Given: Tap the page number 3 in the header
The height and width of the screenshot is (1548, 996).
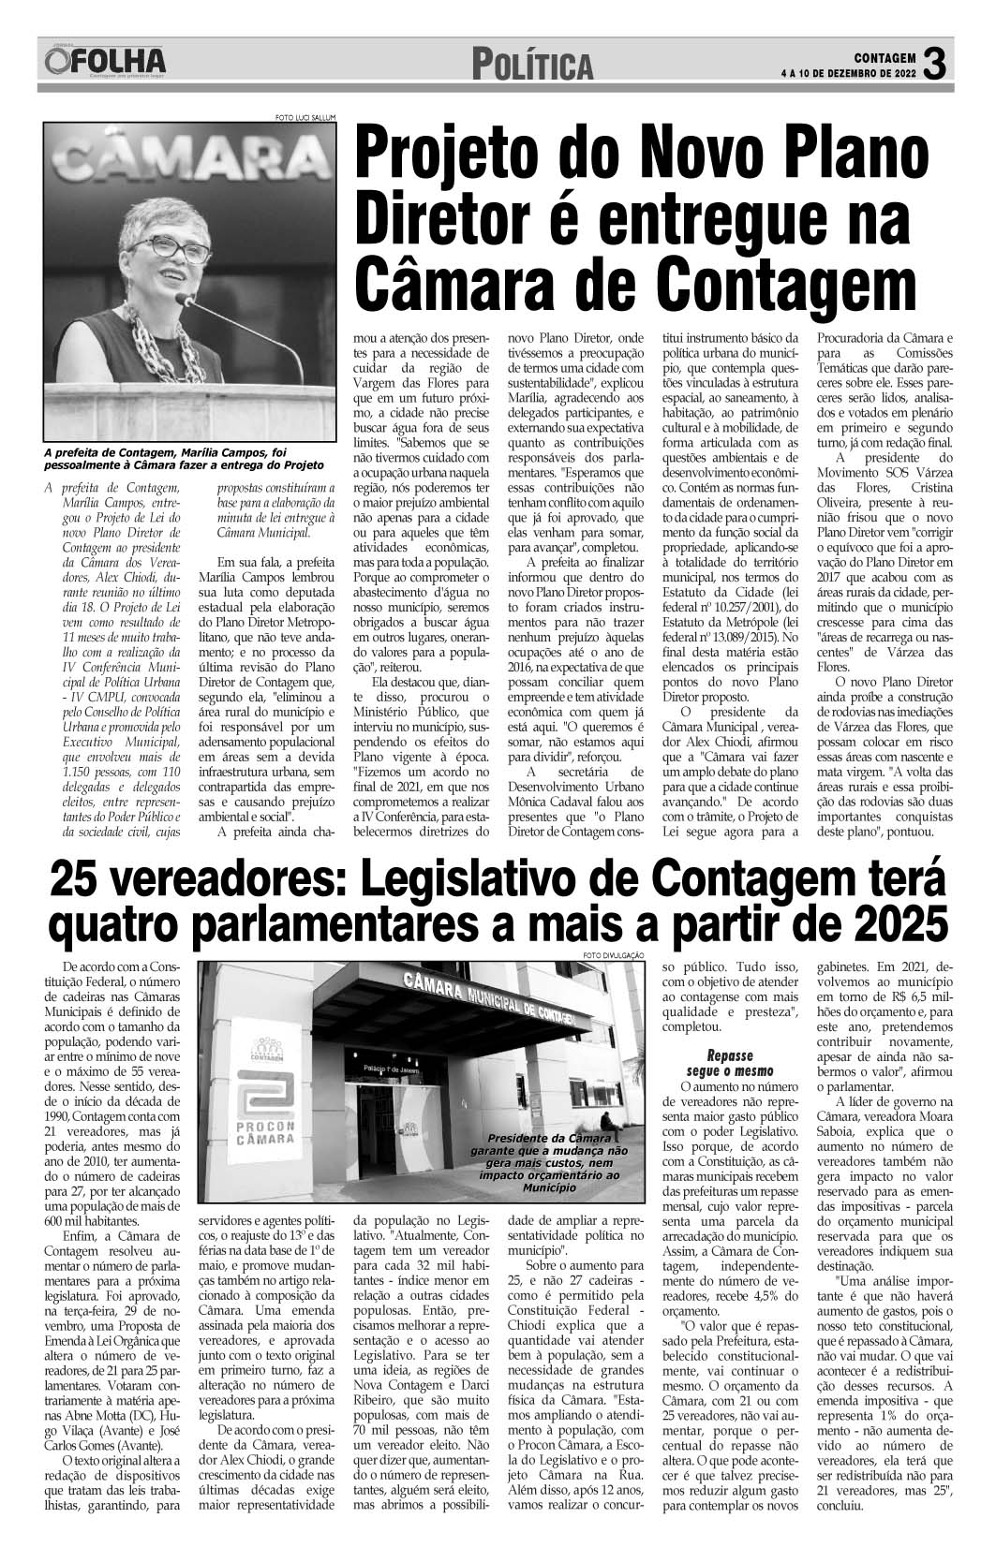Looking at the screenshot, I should point(936,64).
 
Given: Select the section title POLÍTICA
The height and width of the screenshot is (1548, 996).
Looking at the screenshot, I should point(532,65).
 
